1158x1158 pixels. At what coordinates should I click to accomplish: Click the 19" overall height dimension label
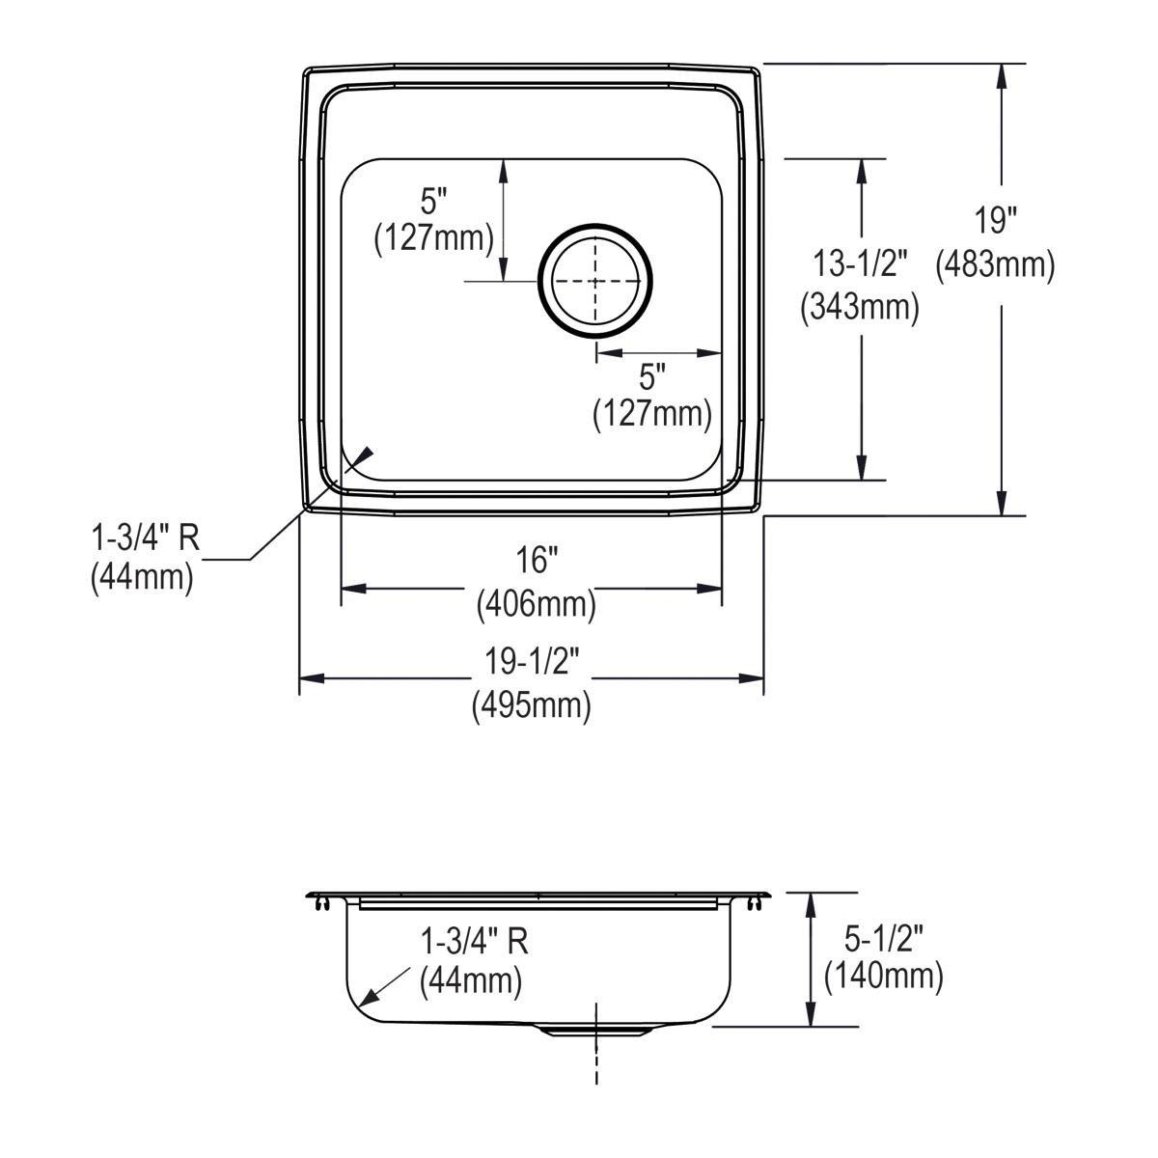[x=995, y=222]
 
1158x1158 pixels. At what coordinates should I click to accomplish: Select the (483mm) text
[x=995, y=263]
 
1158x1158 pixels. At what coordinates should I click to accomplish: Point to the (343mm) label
[x=859, y=306]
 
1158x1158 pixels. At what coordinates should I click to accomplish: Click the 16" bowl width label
[x=537, y=560]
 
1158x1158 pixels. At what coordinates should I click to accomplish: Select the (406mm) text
[x=537, y=605]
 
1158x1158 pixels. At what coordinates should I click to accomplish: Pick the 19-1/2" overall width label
[x=532, y=662]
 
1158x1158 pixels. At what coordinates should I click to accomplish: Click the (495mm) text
[x=532, y=705]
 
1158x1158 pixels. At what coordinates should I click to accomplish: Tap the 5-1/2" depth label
[x=882, y=937]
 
